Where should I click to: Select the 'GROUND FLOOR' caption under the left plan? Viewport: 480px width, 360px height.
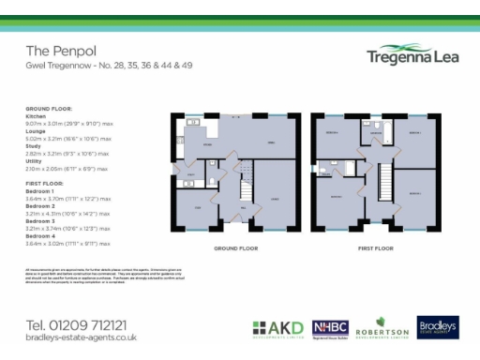click(x=235, y=248)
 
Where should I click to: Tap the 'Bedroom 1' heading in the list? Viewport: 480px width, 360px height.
click(x=41, y=191)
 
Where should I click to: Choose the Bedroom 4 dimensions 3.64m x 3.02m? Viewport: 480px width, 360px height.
click(x=67, y=243)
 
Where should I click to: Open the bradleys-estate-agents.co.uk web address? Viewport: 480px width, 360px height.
click(x=75, y=337)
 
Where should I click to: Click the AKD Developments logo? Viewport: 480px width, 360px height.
click(x=278, y=329)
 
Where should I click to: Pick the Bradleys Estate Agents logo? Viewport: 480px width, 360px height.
click(x=437, y=328)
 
